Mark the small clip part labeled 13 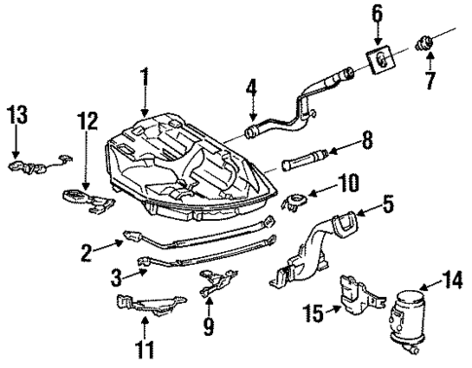(34, 166)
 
